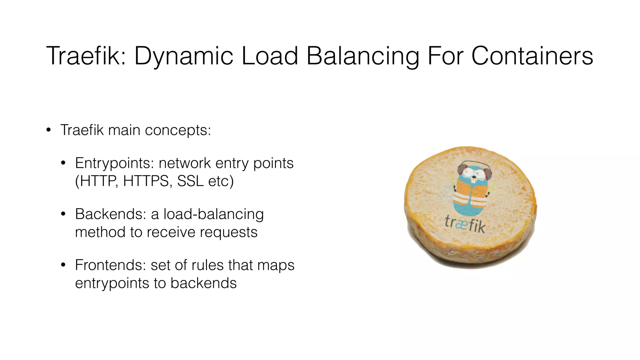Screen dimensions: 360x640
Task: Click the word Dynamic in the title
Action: [184, 56]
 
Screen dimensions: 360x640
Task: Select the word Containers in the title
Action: [532, 56]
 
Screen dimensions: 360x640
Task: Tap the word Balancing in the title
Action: [362, 56]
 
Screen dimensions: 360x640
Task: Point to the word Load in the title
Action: [270, 56]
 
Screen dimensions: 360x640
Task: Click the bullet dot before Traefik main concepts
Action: [48, 130]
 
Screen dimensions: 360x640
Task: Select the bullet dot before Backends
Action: [63, 214]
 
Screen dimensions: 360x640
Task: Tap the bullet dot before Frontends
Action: [63, 265]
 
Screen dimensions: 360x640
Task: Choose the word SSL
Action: [190, 181]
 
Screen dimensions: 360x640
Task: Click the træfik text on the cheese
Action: [465, 224]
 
